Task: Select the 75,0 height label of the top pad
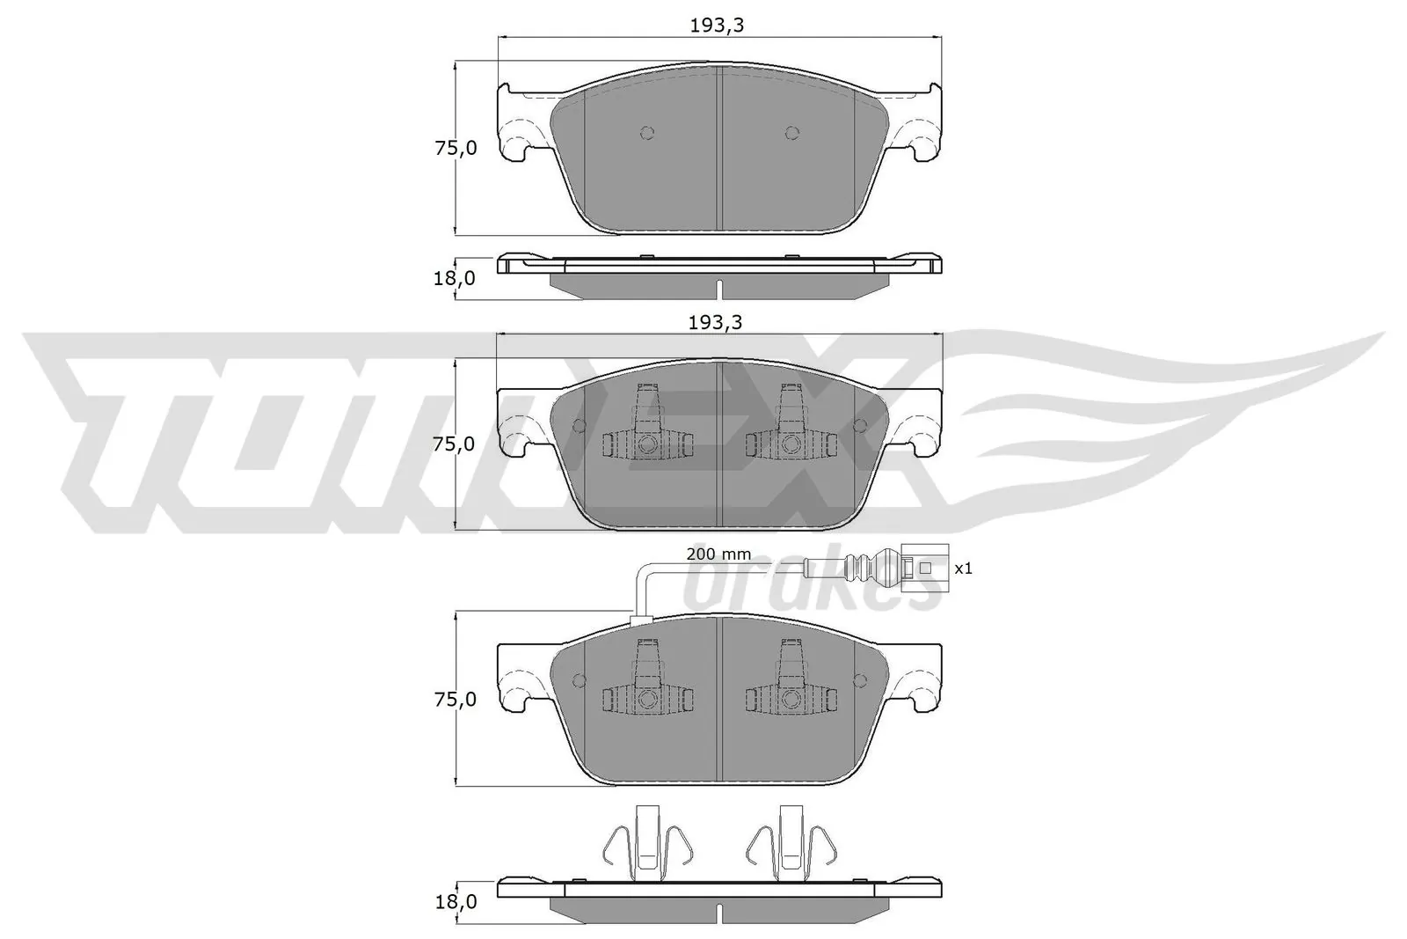(456, 148)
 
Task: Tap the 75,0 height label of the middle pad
(456, 444)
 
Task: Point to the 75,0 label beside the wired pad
(456, 700)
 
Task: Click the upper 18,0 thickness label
(456, 278)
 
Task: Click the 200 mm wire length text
(718, 554)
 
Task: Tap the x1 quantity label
(963, 569)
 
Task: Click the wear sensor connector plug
(923, 568)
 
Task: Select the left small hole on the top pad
(647, 133)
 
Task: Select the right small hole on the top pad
(791, 133)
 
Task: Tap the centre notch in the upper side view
(719, 289)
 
